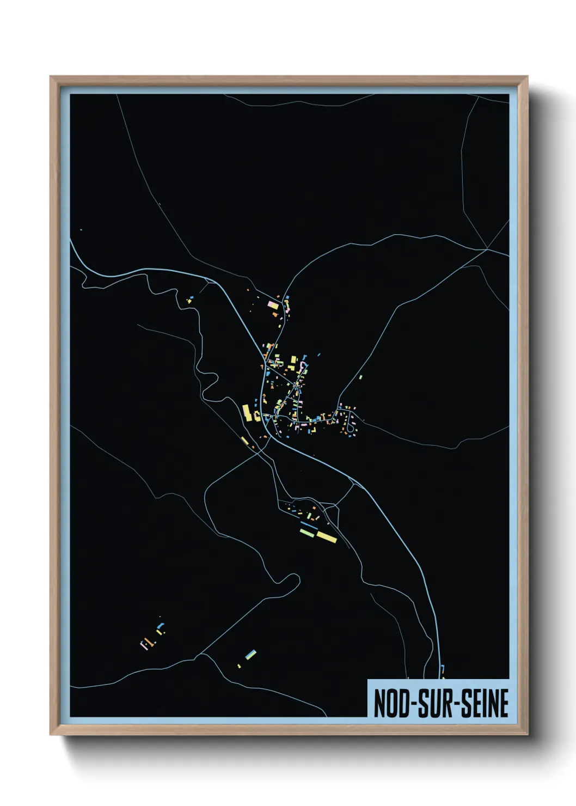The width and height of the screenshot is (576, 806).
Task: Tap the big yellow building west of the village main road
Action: (246, 412)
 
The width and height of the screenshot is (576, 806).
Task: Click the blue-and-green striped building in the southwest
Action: (250, 654)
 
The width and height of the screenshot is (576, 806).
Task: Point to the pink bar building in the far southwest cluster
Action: (145, 645)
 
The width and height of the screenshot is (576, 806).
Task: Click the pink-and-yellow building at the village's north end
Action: (273, 304)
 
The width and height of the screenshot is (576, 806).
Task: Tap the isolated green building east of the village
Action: (360, 376)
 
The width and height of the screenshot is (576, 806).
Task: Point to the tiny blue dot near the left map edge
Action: (81, 230)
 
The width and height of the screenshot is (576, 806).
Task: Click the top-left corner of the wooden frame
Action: (51, 77)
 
